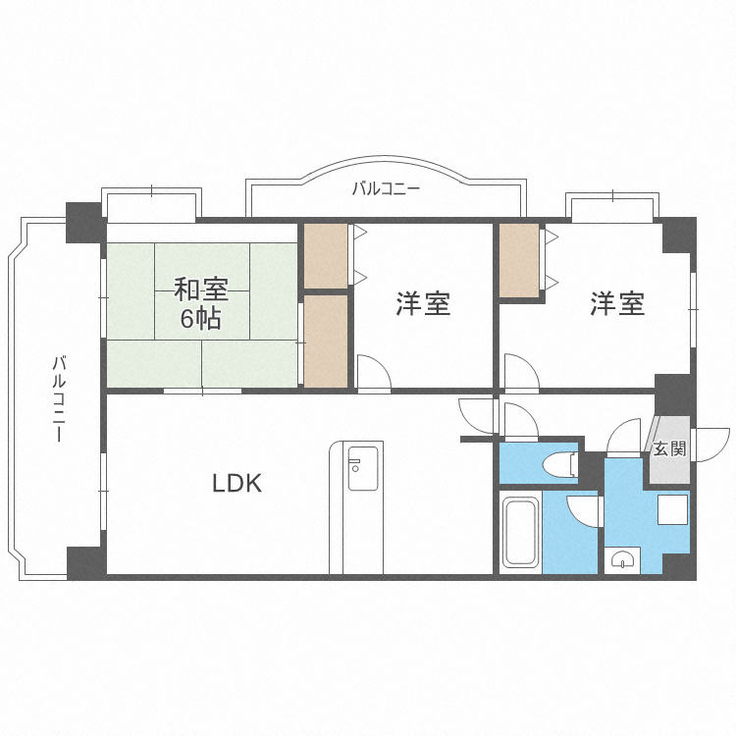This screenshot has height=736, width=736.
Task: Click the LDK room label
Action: click(x=237, y=483)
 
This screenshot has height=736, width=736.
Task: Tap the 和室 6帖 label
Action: click(x=201, y=304)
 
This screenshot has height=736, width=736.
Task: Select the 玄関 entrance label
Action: click(x=670, y=448)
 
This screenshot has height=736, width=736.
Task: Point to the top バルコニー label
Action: click(x=386, y=188)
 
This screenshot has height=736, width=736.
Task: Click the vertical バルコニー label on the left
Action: click(x=59, y=399)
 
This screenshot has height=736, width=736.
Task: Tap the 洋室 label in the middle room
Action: click(x=423, y=303)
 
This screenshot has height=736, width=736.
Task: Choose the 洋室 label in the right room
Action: click(x=617, y=303)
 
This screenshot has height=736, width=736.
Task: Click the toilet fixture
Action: click(x=559, y=464)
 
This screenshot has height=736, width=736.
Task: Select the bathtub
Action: click(x=519, y=533)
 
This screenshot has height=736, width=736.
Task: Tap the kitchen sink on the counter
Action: click(x=362, y=468)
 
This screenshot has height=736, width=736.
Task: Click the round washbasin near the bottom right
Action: click(x=622, y=559)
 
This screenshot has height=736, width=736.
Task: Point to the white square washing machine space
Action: click(x=672, y=509)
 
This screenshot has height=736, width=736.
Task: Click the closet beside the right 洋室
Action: click(x=519, y=260)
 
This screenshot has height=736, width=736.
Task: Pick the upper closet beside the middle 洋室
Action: click(x=326, y=256)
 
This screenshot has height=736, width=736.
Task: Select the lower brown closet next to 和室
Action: click(x=326, y=341)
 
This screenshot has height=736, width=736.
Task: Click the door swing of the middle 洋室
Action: click(x=374, y=372)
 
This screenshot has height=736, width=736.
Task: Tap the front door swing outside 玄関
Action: click(x=712, y=445)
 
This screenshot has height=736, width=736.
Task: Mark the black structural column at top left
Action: click(x=84, y=223)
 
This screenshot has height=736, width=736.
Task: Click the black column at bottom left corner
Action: click(x=86, y=562)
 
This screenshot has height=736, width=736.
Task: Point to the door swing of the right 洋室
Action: click(x=522, y=372)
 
